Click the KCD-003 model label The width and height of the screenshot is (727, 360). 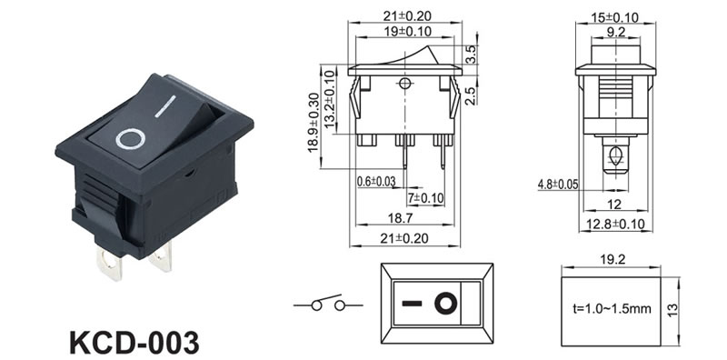tap(134, 343)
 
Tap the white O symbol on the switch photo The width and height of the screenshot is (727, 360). tap(130, 139)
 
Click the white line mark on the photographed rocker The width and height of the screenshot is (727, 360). tap(165, 105)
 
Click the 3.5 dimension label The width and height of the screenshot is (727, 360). tap(471, 55)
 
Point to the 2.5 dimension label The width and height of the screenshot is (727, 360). tap(471, 95)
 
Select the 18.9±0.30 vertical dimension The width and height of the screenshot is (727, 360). tap(314, 123)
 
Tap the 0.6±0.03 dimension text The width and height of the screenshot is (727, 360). tap(376, 182)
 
